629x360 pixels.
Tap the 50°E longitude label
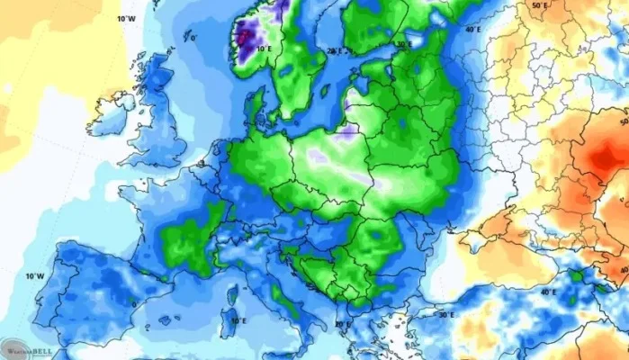(540, 5)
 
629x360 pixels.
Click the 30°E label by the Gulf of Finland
(404, 43)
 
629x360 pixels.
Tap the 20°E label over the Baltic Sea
(335, 51)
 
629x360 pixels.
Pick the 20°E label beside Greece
(342, 322)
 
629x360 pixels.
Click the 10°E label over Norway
(264, 50)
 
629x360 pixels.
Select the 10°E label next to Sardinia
(238, 320)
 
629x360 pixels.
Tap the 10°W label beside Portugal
(34, 275)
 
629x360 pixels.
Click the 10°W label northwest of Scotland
(126, 18)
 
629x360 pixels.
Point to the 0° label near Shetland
(192, 39)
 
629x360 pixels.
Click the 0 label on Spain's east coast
(134, 303)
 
